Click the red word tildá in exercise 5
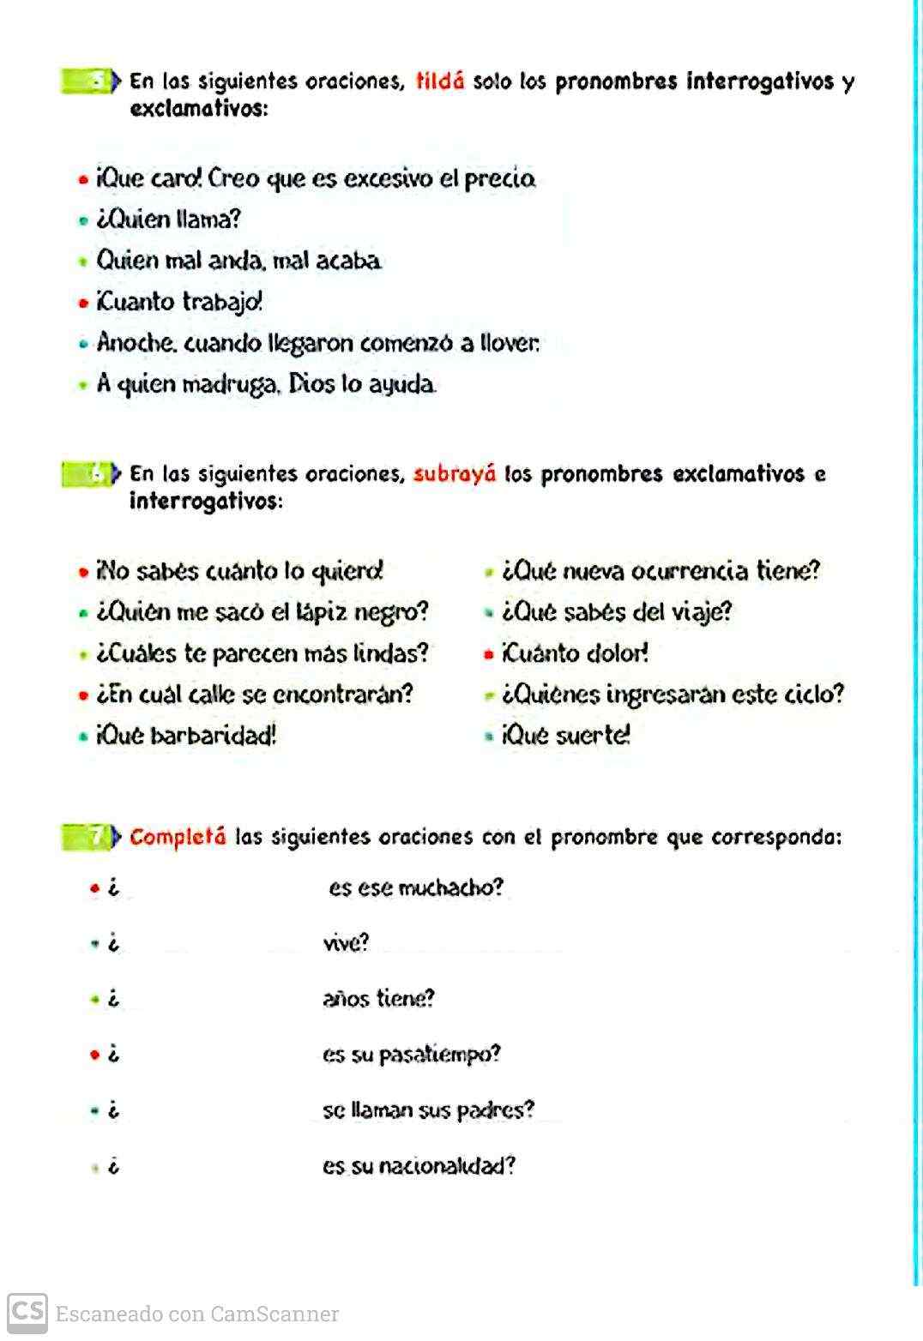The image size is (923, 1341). (440, 81)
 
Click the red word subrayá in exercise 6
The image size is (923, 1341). (455, 474)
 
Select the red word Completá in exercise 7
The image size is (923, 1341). (178, 837)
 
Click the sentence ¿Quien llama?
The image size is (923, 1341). (169, 219)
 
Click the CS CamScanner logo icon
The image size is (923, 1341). (27, 1313)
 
